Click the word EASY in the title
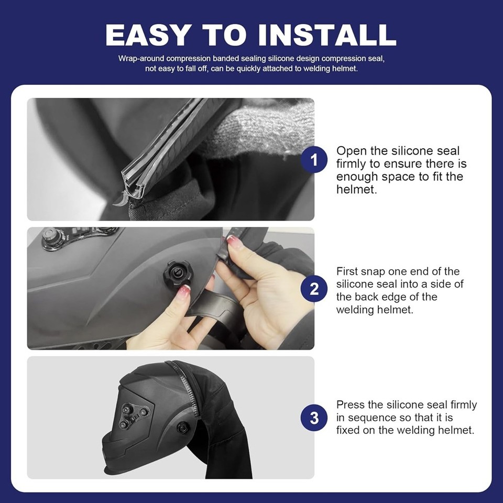[147, 35]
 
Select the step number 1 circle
[314, 159]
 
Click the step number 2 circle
[314, 289]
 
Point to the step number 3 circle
[314, 418]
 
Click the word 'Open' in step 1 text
[352, 151]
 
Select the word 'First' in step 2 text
[347, 271]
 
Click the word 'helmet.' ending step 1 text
[356, 189]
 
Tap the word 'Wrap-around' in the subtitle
[141, 59]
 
